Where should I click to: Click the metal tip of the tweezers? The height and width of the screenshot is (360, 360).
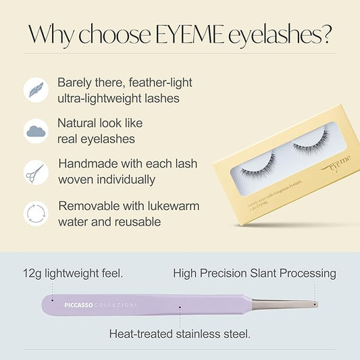[307, 303]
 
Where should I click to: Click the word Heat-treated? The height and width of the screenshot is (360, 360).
[143, 333]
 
